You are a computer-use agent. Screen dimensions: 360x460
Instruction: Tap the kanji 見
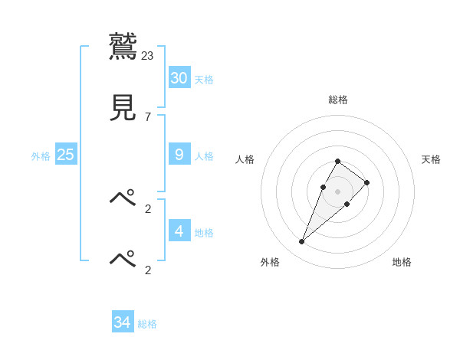[x=123, y=107]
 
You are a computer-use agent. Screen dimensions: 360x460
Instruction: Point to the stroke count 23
[x=148, y=56]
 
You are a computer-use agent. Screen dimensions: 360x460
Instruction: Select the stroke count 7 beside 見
[x=148, y=116]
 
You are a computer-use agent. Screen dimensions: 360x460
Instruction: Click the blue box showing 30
[x=179, y=77]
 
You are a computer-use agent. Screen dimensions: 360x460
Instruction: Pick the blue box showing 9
[x=179, y=154]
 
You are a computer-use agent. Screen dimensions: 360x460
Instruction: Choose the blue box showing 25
[x=65, y=154]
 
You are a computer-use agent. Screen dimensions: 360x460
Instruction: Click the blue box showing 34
[x=122, y=322]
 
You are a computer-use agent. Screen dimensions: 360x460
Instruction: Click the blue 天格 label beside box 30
[x=204, y=80]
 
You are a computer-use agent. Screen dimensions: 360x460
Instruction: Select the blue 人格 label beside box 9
[x=204, y=156]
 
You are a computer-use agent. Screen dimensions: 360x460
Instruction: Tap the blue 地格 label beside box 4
[x=204, y=232]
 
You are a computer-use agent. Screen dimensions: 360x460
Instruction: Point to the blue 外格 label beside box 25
[x=41, y=156]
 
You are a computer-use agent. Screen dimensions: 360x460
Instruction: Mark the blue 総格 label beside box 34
[x=147, y=325]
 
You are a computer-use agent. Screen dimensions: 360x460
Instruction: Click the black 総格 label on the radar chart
[x=338, y=100]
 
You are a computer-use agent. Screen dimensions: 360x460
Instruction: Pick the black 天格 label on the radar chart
[x=431, y=159]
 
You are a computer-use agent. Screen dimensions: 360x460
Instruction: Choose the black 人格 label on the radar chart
[x=245, y=159]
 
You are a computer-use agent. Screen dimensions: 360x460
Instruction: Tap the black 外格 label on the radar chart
[x=270, y=263]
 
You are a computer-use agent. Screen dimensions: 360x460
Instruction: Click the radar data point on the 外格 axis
[x=301, y=242]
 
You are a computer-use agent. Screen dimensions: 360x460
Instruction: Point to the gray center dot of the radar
[x=338, y=191]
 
